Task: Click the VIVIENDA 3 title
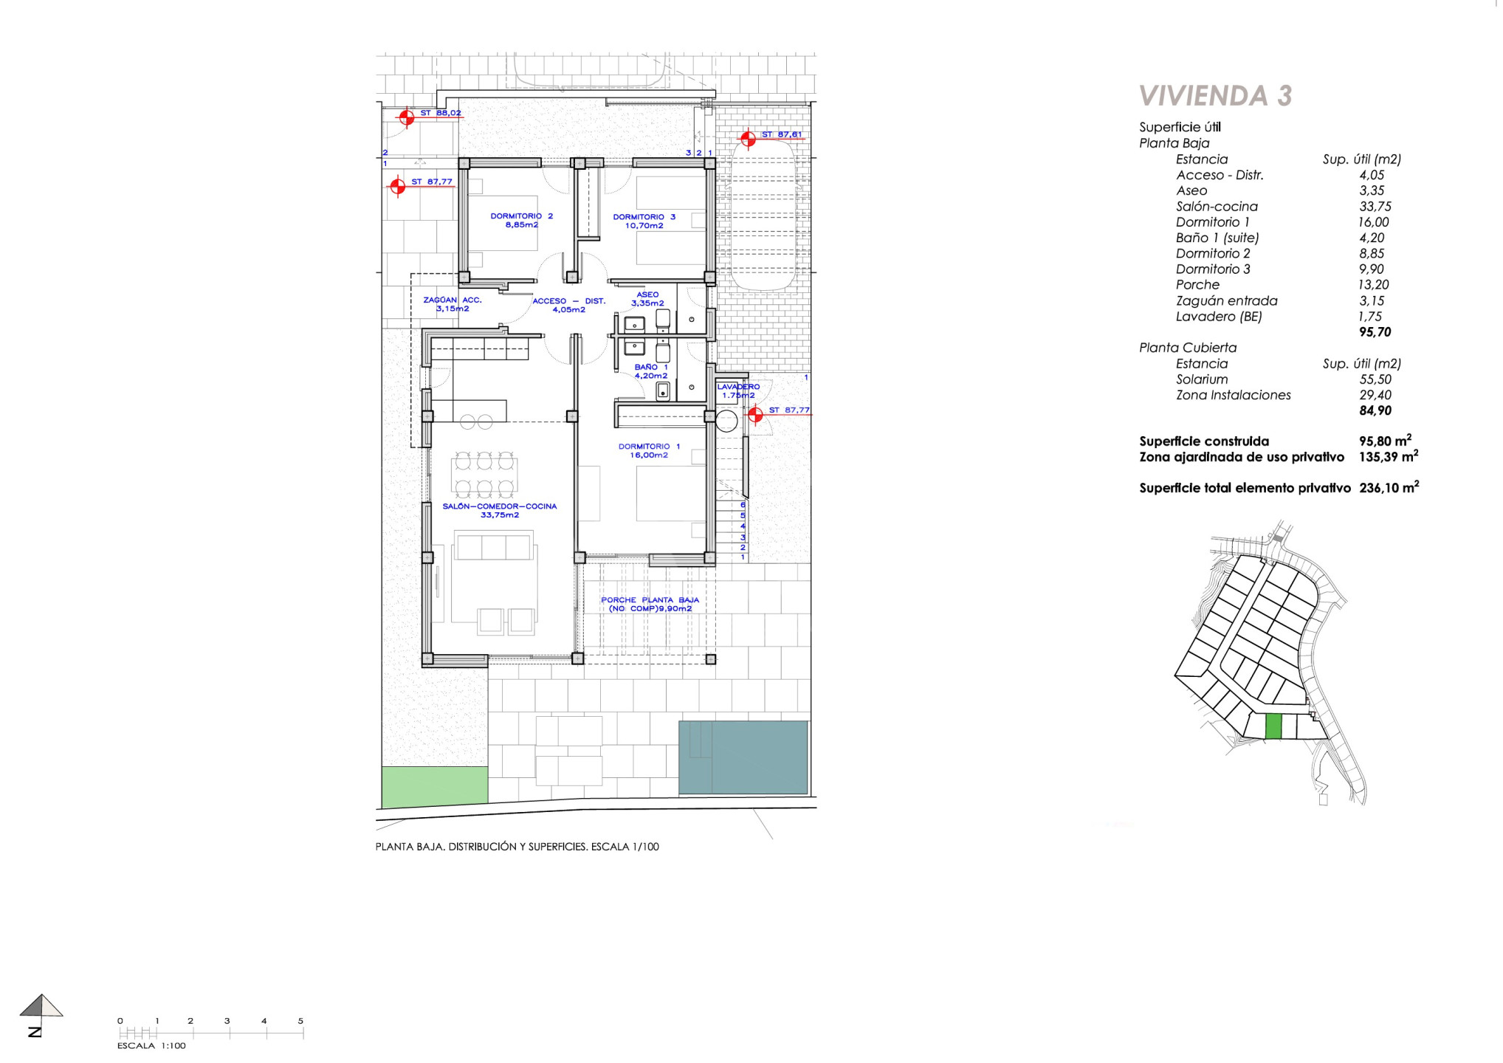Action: (1215, 96)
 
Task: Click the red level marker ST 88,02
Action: (405, 117)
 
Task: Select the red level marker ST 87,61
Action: (748, 139)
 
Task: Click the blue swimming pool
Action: (743, 757)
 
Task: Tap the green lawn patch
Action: (435, 786)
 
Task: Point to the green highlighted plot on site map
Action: (1273, 727)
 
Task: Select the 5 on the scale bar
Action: (300, 1021)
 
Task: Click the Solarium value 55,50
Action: (1375, 379)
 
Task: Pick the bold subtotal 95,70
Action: (1375, 332)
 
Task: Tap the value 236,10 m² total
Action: (1389, 487)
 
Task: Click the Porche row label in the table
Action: (1197, 285)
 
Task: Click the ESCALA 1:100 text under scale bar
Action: (151, 1045)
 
